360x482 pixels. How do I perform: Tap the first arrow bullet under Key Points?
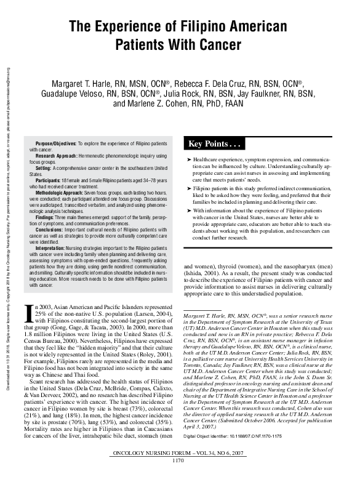(188, 159)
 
